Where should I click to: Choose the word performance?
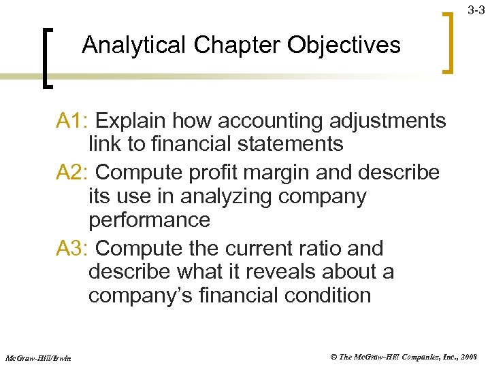point(149,220)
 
